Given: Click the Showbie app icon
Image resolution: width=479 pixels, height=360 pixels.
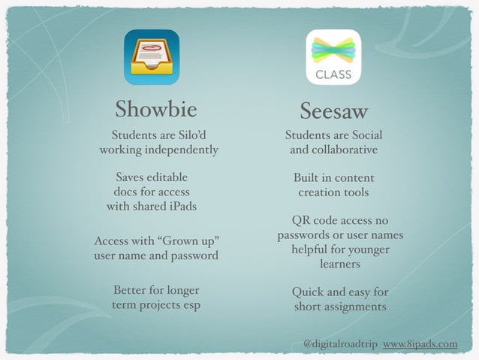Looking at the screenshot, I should [x=152, y=58].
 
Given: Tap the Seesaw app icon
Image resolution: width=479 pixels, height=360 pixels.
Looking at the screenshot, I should [x=333, y=58].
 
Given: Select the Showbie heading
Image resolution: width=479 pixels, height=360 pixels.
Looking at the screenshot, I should [x=156, y=110].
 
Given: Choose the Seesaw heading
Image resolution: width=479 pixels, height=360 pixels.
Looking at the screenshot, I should [x=333, y=111].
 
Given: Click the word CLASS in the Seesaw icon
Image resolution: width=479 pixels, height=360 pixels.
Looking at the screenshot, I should [x=333, y=75].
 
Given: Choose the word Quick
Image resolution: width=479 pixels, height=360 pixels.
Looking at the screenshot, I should [x=308, y=292].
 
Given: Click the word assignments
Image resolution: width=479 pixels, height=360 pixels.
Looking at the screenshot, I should [x=355, y=307].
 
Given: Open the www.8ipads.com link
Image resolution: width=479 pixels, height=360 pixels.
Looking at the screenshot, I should [x=420, y=344].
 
